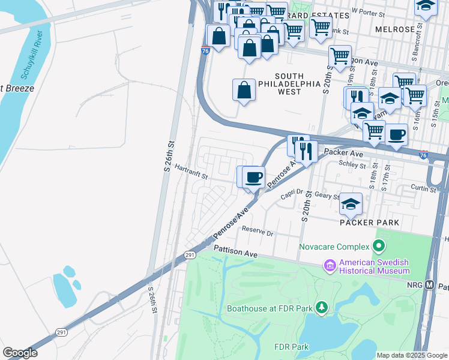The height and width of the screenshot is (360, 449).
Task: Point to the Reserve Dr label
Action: click(258, 230)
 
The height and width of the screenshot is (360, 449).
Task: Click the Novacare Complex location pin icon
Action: click(378, 246)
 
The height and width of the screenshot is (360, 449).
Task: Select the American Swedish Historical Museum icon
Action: click(329, 265)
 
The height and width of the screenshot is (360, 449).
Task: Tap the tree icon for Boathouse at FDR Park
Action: click(322, 308)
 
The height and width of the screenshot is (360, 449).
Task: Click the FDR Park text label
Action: click(291, 347)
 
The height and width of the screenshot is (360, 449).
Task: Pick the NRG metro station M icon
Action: click(429, 285)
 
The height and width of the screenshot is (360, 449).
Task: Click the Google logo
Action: click(20, 353)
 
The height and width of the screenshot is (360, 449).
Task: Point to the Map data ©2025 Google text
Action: click(412, 355)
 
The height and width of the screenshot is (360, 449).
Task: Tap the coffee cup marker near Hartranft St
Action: click(255, 177)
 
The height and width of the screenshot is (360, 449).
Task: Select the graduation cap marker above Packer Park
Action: click(351, 204)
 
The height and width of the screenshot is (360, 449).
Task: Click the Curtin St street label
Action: click(424, 189)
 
